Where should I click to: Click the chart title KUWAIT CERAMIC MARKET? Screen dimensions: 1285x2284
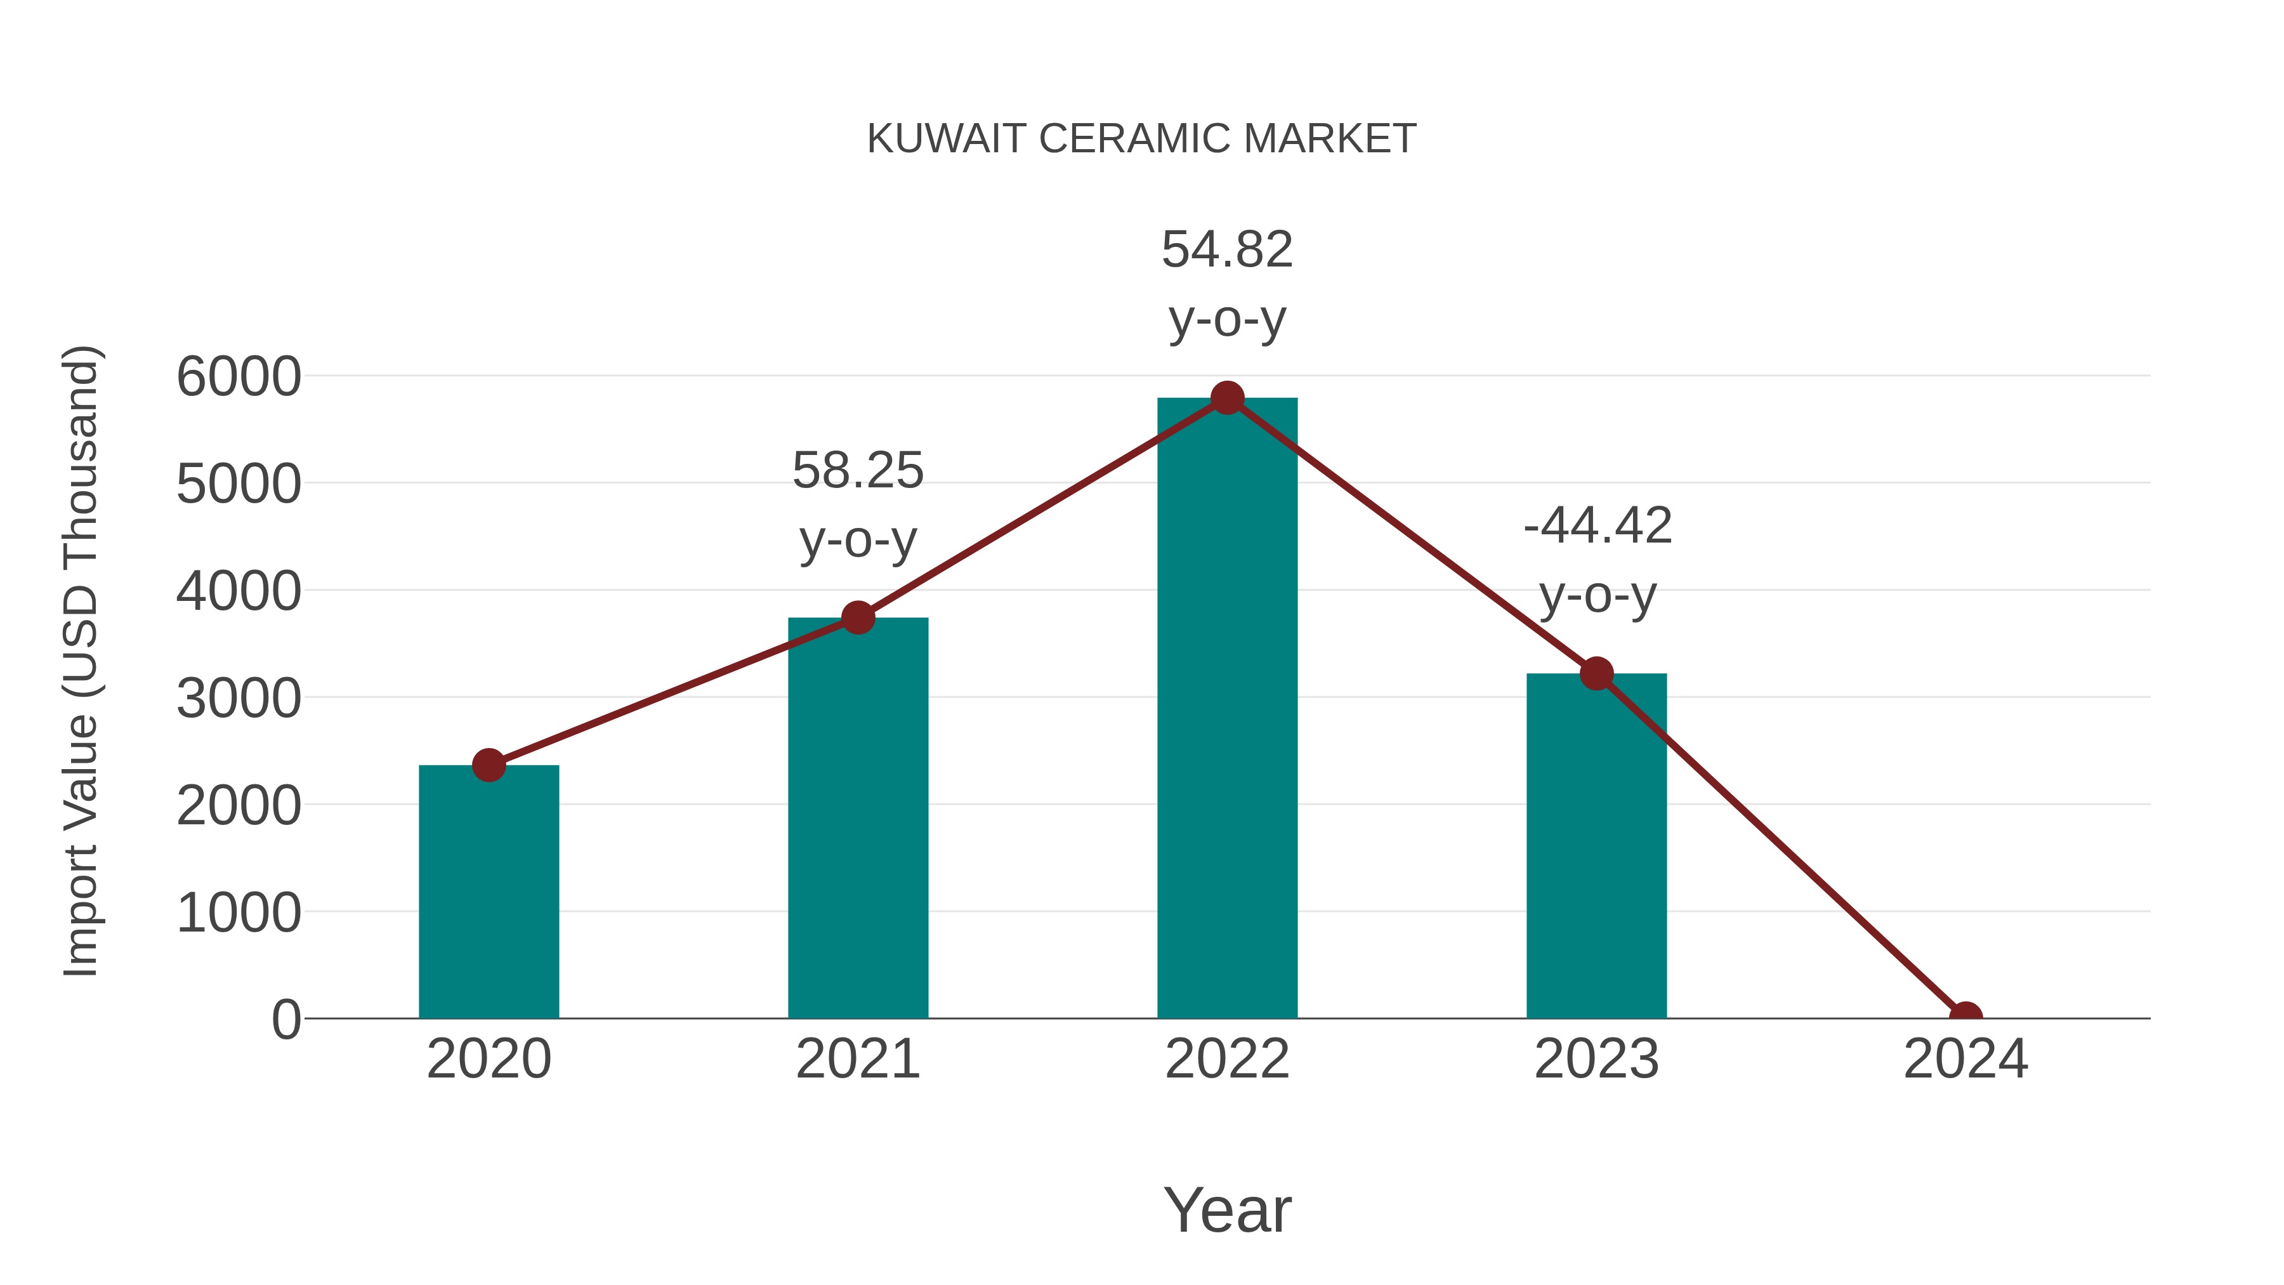pos(1141,139)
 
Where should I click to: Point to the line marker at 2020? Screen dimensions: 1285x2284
pos(489,765)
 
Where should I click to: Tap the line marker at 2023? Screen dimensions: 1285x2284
pos(1596,674)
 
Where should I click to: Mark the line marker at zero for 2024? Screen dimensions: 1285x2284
pos(1965,1017)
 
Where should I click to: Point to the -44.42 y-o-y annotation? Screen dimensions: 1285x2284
pos(1597,560)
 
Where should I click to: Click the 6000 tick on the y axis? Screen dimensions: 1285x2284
pos(239,377)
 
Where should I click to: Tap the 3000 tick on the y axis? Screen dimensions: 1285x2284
pos(239,699)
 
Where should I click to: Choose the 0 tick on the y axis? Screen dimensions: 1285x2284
pos(285,1020)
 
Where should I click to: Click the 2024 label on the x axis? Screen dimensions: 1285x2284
pos(1965,1059)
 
